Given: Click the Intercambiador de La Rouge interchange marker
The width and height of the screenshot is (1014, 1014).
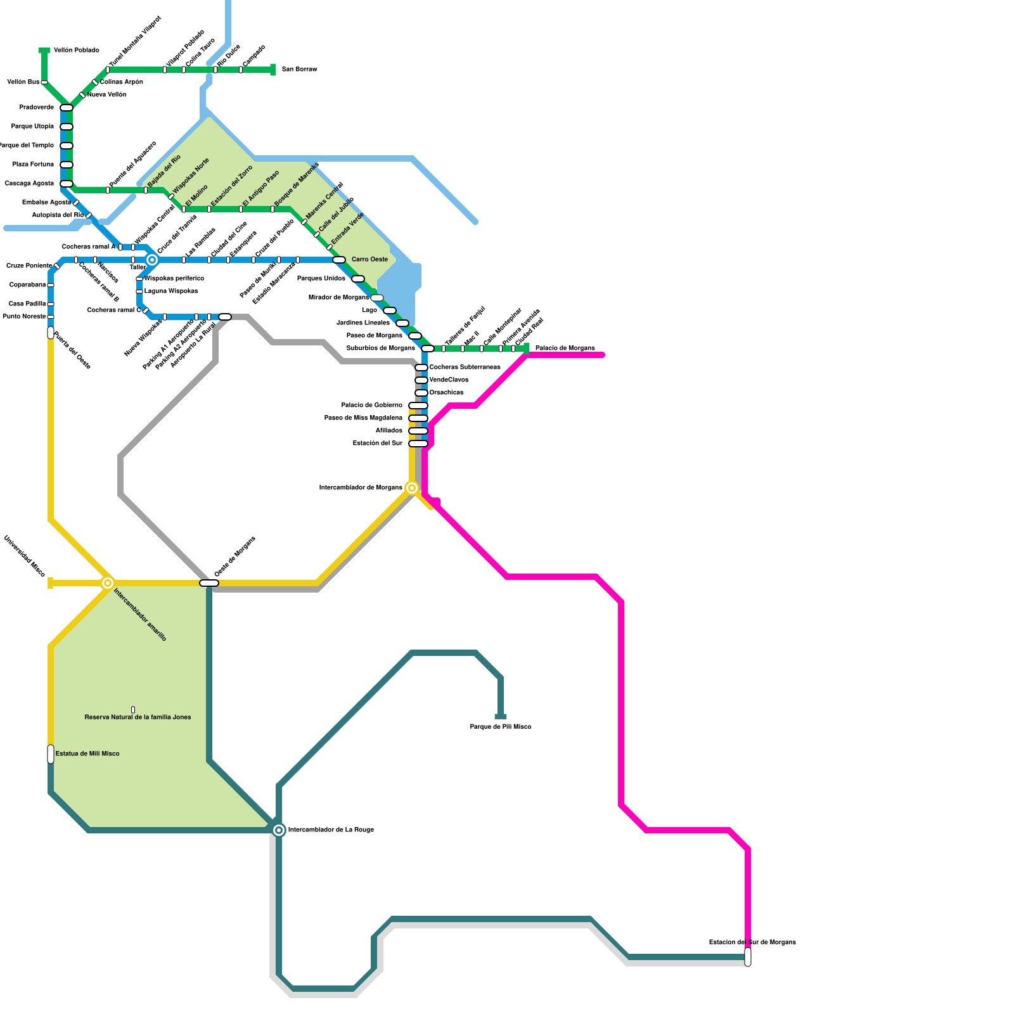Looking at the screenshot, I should click(x=279, y=830).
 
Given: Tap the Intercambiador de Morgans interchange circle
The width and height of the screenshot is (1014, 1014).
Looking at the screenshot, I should click(x=412, y=488).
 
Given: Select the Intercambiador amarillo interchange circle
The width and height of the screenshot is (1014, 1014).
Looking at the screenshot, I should click(x=108, y=583).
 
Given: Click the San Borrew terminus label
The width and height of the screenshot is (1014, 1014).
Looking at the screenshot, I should click(x=299, y=70).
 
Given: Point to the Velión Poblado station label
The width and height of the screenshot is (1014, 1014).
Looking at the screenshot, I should click(x=76, y=51).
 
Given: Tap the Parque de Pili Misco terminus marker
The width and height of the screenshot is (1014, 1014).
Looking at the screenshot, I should click(x=501, y=717).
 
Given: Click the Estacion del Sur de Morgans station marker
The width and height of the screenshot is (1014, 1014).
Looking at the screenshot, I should click(x=748, y=957).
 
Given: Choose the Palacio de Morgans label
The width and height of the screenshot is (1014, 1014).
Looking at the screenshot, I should click(x=565, y=349).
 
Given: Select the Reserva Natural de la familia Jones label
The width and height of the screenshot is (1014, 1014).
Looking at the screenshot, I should click(x=138, y=717).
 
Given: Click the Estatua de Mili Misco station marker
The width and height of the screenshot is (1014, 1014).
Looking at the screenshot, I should click(x=51, y=754).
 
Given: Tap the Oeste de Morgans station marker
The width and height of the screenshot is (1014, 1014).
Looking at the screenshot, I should click(x=209, y=583).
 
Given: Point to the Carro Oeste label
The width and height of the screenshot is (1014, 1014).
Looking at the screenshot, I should click(x=369, y=260).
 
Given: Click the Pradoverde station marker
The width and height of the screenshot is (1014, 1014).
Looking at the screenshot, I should click(x=67, y=108).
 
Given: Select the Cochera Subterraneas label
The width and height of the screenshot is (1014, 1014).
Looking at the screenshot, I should click(x=465, y=368).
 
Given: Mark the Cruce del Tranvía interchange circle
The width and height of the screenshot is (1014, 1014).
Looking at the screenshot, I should click(x=152, y=260).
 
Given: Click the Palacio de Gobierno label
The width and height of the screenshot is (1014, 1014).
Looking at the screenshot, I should click(x=371, y=406).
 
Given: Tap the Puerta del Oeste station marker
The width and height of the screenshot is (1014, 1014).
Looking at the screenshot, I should click(x=51, y=333).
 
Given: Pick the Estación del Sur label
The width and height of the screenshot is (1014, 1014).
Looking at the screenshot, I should click(x=377, y=444).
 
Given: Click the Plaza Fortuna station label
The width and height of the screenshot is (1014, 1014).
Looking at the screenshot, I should click(x=33, y=165).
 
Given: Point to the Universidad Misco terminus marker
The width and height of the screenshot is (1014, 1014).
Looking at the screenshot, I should click(x=50, y=583).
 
